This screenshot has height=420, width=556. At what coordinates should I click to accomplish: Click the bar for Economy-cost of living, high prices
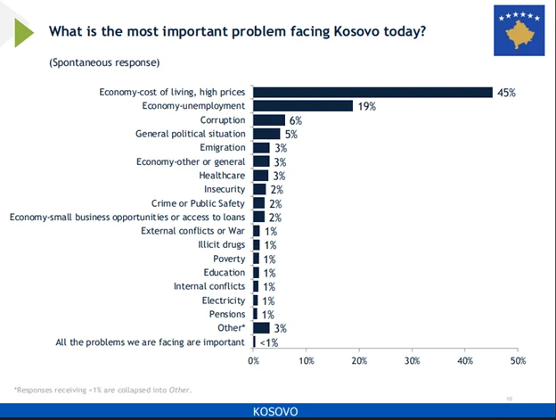click(372, 92)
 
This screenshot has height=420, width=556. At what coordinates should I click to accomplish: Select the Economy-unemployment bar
click(303, 106)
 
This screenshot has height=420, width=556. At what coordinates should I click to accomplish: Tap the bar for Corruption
click(269, 120)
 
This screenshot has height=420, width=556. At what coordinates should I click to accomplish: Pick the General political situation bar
click(266, 134)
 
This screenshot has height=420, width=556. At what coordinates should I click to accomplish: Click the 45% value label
click(506, 92)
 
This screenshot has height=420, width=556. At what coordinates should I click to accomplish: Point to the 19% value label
click(366, 106)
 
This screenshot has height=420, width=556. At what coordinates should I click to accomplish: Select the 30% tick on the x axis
click(412, 360)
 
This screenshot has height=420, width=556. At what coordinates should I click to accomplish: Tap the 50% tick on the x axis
click(518, 360)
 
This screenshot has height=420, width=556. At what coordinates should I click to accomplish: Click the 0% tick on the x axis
click(254, 360)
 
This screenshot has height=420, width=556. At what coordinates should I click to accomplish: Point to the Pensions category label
click(227, 314)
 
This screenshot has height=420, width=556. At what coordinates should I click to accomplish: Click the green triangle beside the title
click(25, 31)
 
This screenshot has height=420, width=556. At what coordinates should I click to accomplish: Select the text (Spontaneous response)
click(104, 62)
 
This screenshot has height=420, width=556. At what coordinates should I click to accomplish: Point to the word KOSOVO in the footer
click(276, 411)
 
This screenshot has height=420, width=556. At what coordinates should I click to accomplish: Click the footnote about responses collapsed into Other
click(102, 390)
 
